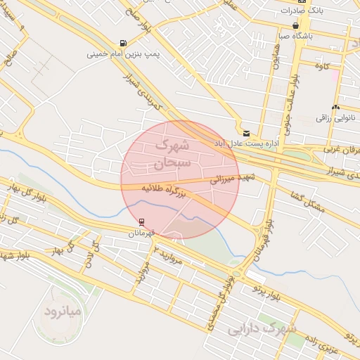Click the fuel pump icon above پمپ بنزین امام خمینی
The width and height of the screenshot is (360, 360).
(124, 43)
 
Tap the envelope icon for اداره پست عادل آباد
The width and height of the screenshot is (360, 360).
(245, 133)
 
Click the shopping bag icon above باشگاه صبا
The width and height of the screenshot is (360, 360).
(295, 25)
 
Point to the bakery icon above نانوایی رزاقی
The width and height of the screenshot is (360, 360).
(335, 108)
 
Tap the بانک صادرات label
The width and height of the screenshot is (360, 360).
(302, 11)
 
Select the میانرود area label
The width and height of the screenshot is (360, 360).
(63, 311)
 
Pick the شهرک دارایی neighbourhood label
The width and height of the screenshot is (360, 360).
(262, 328)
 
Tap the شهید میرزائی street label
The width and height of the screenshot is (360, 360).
(232, 179)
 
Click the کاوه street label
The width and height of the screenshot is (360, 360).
(323, 66)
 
